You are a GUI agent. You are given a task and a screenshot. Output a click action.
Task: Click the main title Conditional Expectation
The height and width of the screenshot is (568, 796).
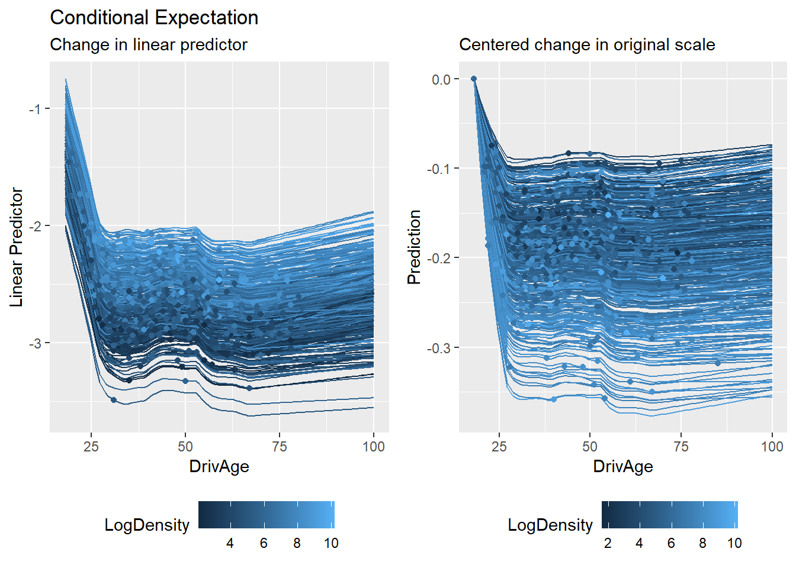154,18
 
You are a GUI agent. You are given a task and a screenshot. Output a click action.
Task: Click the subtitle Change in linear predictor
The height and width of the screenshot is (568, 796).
149,45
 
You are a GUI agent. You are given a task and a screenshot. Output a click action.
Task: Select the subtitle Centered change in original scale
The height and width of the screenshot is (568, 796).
587,45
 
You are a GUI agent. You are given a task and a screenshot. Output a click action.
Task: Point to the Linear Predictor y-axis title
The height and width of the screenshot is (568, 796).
17,247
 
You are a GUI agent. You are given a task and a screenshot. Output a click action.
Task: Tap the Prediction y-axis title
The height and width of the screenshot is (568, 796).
414,247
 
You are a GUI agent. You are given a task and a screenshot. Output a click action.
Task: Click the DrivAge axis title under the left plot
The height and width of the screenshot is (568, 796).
219,467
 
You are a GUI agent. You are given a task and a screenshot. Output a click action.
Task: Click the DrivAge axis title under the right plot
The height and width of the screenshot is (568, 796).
623,467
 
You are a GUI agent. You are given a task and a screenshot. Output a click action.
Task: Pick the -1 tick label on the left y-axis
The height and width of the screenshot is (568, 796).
35,109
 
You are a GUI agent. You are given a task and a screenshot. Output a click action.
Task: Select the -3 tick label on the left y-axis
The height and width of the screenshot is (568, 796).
35,343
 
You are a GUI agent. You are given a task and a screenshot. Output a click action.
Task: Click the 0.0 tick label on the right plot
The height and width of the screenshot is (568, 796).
441,79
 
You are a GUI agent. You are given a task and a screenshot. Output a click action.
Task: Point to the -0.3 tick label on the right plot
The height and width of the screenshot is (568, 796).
439,348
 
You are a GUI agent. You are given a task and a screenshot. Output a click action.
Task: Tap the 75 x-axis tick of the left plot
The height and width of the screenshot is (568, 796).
279,447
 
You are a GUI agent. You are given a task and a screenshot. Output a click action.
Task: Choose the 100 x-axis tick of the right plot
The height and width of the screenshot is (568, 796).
772,447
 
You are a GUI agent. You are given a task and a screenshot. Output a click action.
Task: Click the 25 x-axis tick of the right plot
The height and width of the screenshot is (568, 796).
499,447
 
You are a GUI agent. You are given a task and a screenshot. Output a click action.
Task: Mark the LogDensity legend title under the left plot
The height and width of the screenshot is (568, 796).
147,525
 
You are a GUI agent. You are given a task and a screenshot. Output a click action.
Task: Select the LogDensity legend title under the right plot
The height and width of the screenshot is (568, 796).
550,525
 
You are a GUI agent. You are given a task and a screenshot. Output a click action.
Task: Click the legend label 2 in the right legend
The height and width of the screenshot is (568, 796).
608,543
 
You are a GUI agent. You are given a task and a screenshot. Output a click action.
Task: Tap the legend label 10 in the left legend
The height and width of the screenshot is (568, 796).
331,543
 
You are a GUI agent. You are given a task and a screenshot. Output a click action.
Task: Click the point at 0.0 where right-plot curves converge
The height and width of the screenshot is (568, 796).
473,79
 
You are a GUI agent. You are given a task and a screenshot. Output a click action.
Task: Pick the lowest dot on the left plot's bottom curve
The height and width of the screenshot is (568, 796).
114,401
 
